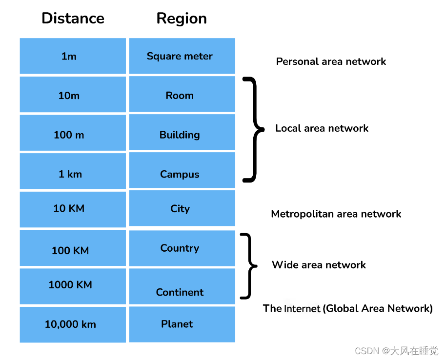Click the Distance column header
73,19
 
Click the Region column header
182,19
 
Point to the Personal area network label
331,61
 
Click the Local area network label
322,128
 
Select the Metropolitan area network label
336,214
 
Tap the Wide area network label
319,265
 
